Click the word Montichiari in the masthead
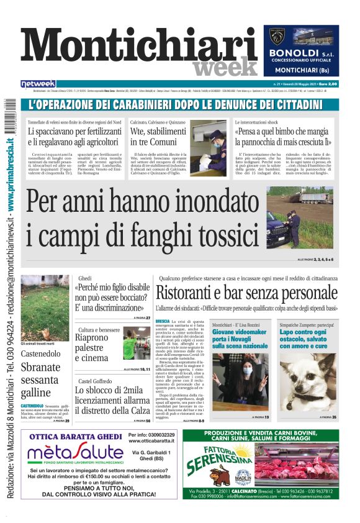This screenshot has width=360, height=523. (x=130, y=47)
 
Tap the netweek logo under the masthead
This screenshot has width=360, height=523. (x=38, y=84)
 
